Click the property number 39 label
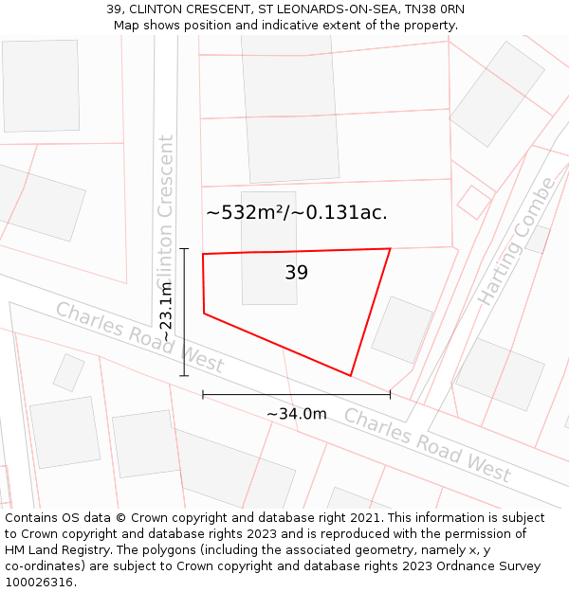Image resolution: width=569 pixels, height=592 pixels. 296,273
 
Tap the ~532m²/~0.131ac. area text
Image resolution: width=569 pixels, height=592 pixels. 296,212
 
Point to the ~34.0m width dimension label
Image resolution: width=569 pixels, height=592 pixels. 296,414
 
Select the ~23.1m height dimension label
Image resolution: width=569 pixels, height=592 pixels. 165,312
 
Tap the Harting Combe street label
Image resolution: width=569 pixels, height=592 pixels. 514,241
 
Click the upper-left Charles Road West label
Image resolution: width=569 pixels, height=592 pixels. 139,337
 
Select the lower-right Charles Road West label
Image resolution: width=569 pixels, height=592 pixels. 427,444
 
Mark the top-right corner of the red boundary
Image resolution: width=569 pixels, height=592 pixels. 390,249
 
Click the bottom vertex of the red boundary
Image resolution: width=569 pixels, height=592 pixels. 351,376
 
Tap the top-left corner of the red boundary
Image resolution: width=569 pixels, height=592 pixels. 203,254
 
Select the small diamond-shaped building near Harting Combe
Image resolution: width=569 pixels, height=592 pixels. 474,201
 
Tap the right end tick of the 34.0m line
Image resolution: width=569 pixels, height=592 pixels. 390,394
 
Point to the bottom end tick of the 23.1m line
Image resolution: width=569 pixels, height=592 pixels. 184,376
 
